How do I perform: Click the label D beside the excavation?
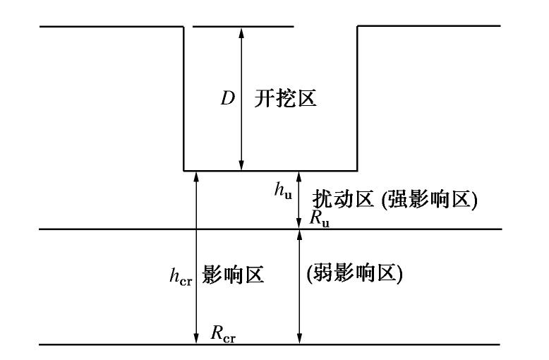227,98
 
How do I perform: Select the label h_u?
282,191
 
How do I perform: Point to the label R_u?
319,218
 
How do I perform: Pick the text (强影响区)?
427,200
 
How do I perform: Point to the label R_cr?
223,333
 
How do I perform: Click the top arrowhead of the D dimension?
242,30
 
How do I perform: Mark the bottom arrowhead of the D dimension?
242,166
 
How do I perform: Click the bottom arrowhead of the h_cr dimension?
196,341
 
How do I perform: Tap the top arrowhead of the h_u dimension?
298,174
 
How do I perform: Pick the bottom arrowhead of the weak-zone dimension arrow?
298,341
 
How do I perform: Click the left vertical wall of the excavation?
184,99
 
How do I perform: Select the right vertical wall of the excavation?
357,99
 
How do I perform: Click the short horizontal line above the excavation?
242,27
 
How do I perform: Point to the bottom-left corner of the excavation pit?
184,170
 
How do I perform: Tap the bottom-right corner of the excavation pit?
357,170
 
